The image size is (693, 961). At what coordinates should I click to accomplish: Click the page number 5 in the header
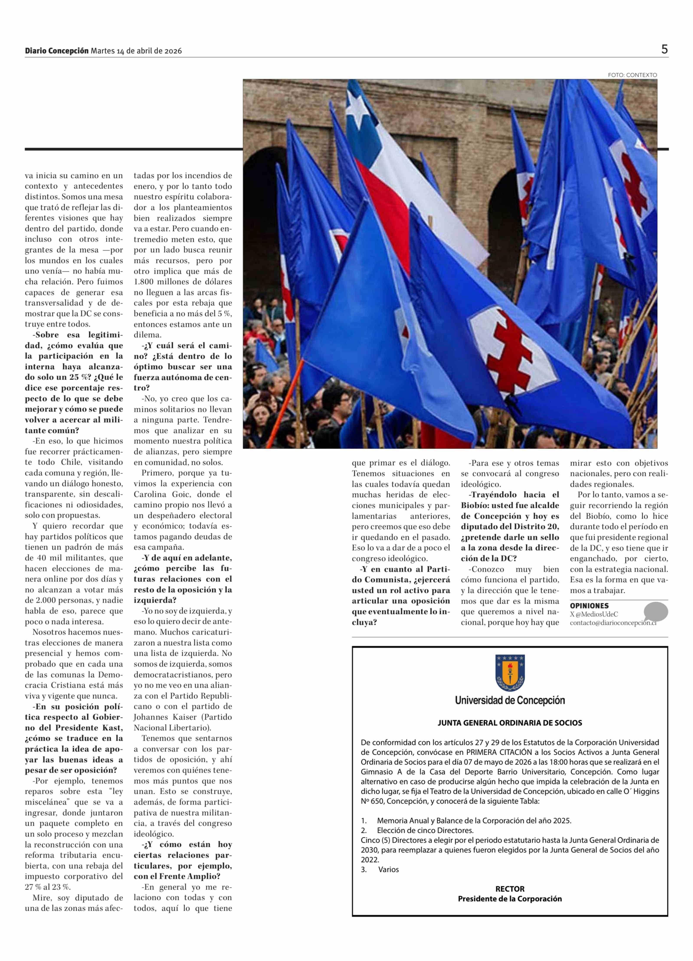[664, 49]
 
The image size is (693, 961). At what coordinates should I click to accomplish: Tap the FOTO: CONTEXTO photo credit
[632, 75]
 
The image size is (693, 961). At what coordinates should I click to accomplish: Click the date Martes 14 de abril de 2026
[136, 51]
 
